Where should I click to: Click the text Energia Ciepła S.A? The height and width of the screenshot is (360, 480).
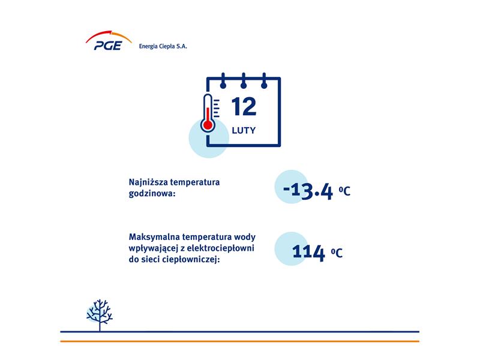[163, 46]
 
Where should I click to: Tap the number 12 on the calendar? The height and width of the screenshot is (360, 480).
[244, 107]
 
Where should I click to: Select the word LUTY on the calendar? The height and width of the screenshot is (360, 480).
[244, 130]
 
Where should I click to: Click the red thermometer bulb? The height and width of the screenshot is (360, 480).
[208, 125]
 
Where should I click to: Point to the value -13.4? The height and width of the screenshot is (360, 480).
[308, 191]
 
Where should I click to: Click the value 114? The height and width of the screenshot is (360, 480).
[308, 253]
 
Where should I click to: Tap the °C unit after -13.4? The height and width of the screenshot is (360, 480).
[344, 191]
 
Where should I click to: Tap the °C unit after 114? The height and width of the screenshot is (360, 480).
[337, 253]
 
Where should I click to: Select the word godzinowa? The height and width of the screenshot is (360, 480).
[151, 194]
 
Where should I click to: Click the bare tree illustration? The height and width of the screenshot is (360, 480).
[100, 315]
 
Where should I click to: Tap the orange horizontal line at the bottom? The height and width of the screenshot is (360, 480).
[239, 341]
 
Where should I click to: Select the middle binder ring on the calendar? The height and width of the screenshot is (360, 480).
[244, 81]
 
